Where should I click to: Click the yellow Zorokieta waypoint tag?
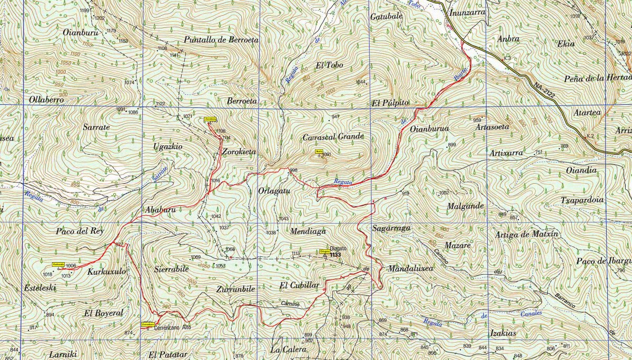[211, 119]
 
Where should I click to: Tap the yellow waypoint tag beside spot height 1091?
[319, 151]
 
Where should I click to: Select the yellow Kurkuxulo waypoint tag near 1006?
[58, 264]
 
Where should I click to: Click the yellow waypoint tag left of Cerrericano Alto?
[147, 325]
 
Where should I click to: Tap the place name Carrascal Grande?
[333, 137]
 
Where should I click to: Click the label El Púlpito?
[390, 103]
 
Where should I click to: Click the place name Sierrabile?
[171, 268]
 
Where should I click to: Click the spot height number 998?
[293, 170]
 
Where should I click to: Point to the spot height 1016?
[215, 181]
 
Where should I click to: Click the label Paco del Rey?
[80, 231]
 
